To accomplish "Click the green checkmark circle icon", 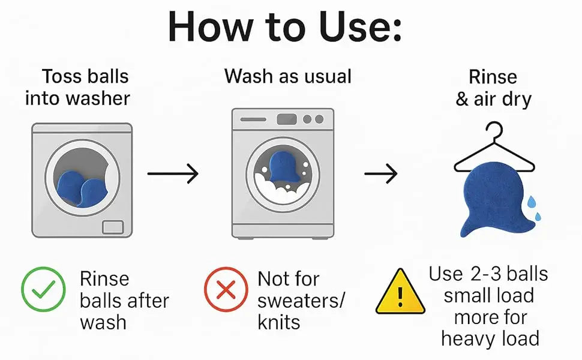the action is point(43,289).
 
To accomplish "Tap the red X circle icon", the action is point(226,289).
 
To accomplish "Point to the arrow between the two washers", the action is point(173,173).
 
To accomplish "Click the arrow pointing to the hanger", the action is point(380,173).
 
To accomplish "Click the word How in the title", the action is point(210,27).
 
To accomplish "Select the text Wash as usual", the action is point(287,76).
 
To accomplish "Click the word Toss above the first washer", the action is point(62,76).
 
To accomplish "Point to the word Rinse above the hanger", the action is point(493,77).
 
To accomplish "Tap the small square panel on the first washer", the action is point(113,227).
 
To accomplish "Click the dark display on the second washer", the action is point(287,119).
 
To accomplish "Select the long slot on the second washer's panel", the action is point(253,119).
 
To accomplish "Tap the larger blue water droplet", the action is point(532,202).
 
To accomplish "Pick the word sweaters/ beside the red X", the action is point(301,301).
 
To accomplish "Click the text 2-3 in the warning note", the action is point(485,274).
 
